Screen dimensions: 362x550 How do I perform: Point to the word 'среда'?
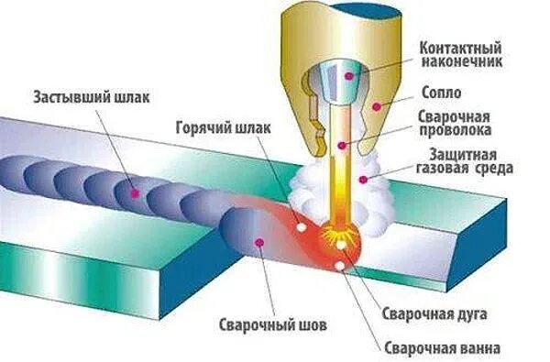[493, 170]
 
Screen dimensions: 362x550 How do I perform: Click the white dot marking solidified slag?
[135, 193]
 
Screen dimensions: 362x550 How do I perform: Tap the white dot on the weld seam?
[260, 242]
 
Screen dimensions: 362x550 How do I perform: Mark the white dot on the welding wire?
[341, 145]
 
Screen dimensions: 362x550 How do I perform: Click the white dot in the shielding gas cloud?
[365, 180]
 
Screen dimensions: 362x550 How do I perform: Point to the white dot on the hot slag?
[300, 225]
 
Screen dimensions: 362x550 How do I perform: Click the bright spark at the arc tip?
[342, 242]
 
